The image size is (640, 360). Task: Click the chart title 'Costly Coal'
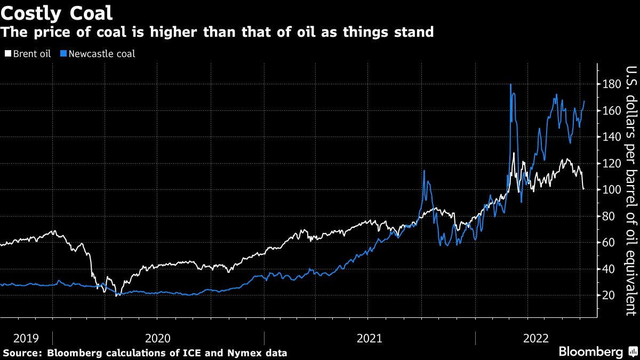click(56, 12)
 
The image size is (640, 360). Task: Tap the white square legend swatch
click(7, 54)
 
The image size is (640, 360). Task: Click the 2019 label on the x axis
click(26, 338)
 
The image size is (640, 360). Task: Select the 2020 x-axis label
click(157, 338)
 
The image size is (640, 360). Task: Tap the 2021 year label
click(369, 338)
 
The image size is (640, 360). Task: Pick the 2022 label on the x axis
click(536, 338)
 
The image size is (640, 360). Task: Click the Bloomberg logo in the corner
click(590, 352)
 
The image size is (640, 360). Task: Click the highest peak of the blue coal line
click(510, 84)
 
